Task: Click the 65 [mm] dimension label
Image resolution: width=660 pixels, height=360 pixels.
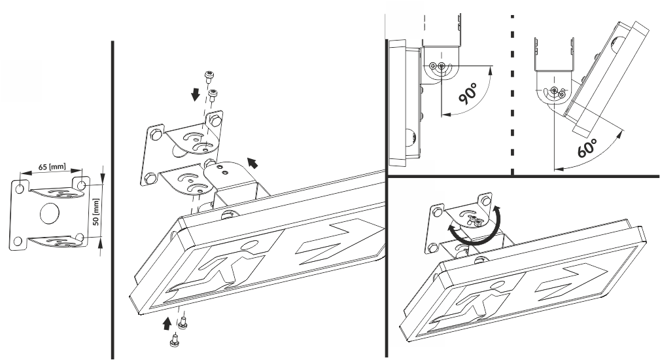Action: [x=50, y=168]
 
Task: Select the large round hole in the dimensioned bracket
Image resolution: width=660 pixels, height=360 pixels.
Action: [x=50, y=215]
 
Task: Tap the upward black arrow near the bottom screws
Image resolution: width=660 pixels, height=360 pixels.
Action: [x=167, y=322]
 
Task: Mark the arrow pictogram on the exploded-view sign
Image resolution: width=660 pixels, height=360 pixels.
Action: [x=334, y=242]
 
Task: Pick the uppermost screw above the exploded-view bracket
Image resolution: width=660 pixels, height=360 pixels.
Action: [x=209, y=73]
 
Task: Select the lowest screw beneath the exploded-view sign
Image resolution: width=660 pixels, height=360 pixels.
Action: [x=173, y=340]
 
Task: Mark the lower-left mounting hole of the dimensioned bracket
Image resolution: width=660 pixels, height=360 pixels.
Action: [x=20, y=240]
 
